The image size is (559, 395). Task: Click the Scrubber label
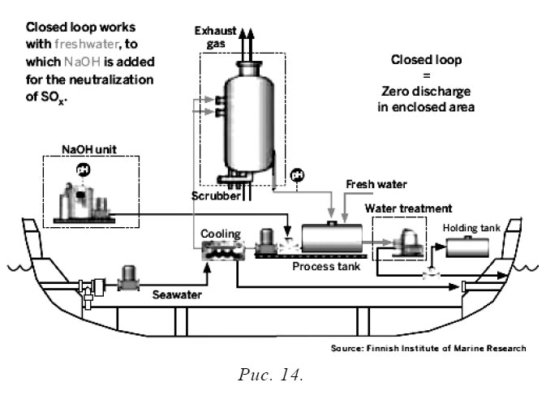pyautogui.click(x=215, y=195)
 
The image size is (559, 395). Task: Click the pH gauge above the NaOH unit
pyautogui.click(x=82, y=169)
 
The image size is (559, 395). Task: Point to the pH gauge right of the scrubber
pyautogui.click(x=297, y=174)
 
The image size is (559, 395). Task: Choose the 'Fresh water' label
pyautogui.click(x=376, y=184)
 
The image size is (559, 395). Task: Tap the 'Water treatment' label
pyautogui.click(x=408, y=208)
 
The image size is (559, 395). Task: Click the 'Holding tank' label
pyautogui.click(x=471, y=228)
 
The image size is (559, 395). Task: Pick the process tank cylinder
pyautogui.click(x=333, y=238)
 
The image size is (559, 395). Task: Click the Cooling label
pyautogui.click(x=221, y=234)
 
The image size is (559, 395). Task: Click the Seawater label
pyautogui.click(x=176, y=296)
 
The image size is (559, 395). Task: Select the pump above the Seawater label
pyautogui.click(x=130, y=277)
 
